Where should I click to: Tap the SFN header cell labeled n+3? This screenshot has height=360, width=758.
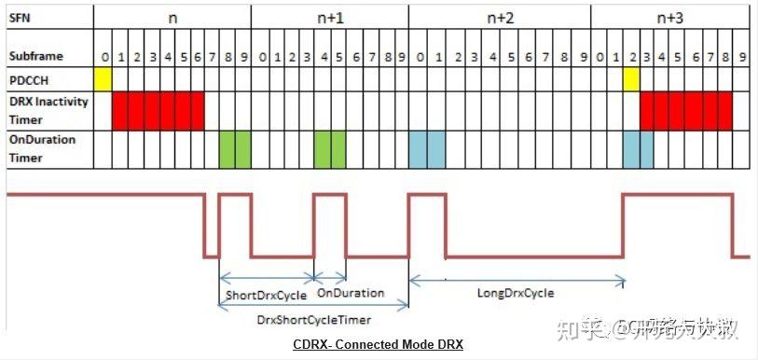pos(669,18)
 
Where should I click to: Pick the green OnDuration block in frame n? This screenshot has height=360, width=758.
pos(235,149)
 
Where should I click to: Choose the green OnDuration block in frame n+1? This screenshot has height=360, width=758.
pos(330,149)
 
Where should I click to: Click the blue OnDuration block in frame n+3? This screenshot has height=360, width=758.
pos(638,149)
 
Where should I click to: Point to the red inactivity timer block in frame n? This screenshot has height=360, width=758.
pos(158,110)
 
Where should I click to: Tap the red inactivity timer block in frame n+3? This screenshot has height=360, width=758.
pos(686,110)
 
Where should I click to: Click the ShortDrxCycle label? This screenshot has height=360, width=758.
pos(266,296)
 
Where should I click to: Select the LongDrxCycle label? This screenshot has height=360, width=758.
pos(516,293)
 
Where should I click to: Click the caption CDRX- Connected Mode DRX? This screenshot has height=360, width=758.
pos(378,345)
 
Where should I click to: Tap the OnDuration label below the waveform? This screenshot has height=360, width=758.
pos(351,293)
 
